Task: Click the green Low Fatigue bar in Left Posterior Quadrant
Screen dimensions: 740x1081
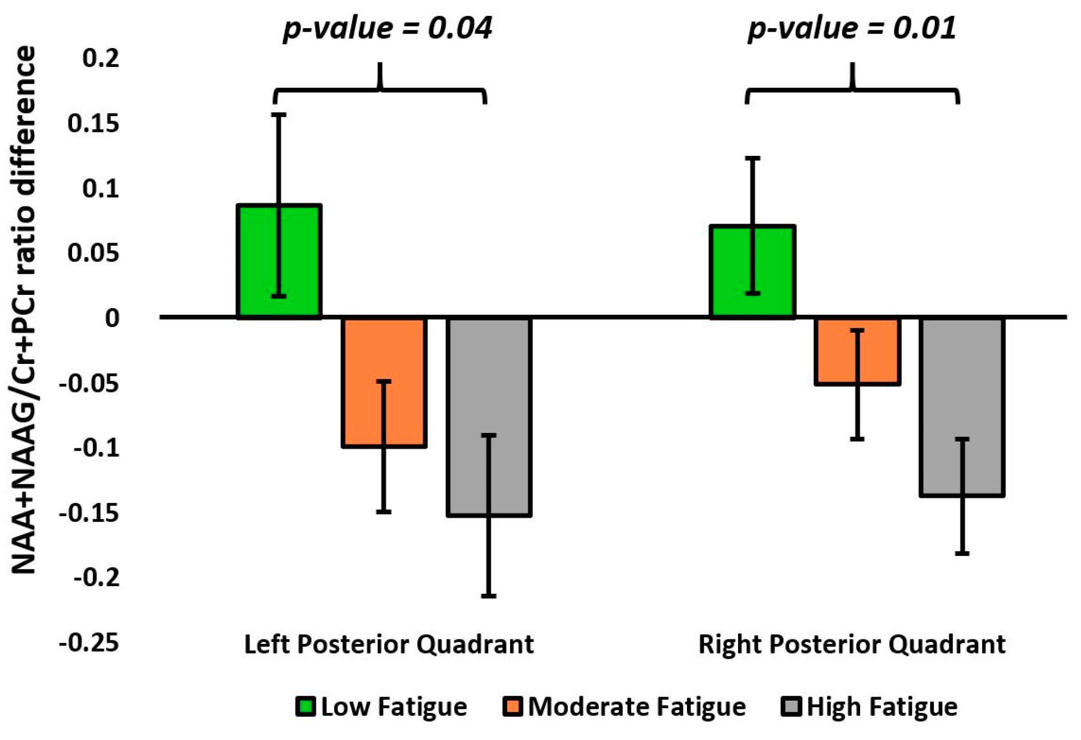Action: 256,261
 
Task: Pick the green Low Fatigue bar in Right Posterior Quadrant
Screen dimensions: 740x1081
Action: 728,271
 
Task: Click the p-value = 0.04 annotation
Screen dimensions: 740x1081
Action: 387,28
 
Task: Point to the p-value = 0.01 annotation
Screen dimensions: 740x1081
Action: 852,28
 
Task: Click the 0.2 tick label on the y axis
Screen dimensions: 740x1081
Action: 101,58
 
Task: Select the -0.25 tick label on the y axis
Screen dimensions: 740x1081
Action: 89,642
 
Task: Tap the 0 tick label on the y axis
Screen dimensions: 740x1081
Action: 112,318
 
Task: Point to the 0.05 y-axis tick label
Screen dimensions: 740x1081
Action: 94,253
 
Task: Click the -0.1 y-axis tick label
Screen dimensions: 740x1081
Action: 96,448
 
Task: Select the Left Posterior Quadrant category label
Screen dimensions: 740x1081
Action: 389,644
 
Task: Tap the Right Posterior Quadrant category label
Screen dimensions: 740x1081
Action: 852,644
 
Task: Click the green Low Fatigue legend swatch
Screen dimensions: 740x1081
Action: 306,707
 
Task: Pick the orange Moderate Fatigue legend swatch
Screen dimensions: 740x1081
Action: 513,707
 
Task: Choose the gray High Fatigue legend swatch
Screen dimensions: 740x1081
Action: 791,707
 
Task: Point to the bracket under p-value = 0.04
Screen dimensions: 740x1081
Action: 380,90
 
